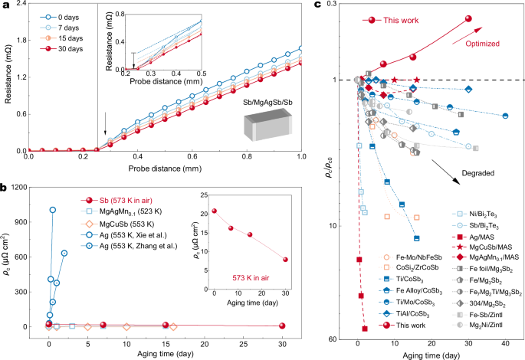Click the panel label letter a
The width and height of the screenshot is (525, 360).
5,5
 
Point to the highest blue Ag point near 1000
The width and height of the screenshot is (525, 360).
52,209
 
